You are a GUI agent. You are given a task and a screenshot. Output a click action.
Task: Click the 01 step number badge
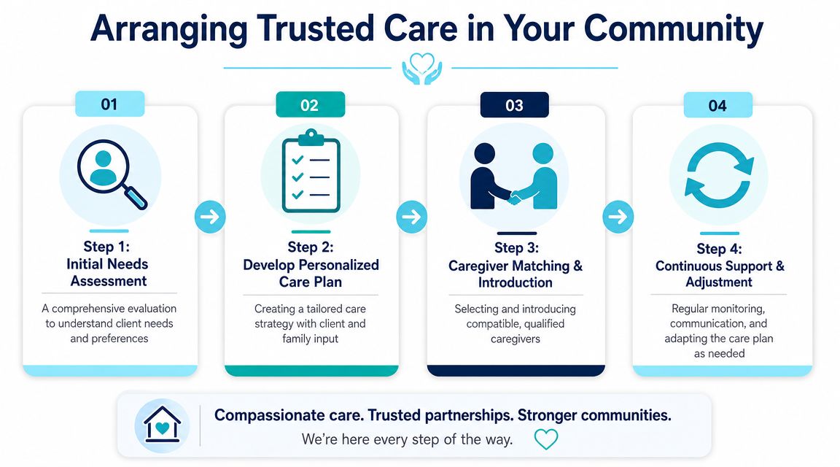[110, 104]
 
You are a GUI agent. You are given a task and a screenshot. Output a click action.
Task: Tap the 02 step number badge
[310, 104]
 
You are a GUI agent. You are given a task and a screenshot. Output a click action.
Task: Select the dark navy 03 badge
[514, 104]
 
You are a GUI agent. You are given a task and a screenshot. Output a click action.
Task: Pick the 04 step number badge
[717, 104]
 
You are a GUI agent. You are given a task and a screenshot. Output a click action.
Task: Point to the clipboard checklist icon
[311, 171]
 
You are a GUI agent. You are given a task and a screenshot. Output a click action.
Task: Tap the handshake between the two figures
[514, 198]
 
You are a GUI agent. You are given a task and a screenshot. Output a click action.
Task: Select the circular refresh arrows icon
[719, 175]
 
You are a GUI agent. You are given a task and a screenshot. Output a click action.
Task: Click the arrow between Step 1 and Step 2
[210, 217]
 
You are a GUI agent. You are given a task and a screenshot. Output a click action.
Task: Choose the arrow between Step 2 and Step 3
[411, 217]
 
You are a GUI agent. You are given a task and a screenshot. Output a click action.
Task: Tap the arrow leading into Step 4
[618, 217]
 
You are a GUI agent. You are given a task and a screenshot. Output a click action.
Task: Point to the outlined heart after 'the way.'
[546, 439]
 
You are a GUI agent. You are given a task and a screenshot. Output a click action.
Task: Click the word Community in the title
[673, 29]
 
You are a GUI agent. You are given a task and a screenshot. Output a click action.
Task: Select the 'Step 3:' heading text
[516, 247]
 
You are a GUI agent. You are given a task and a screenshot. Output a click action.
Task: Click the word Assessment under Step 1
[109, 281]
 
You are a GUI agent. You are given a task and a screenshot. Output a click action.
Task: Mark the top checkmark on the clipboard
[297, 160]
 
